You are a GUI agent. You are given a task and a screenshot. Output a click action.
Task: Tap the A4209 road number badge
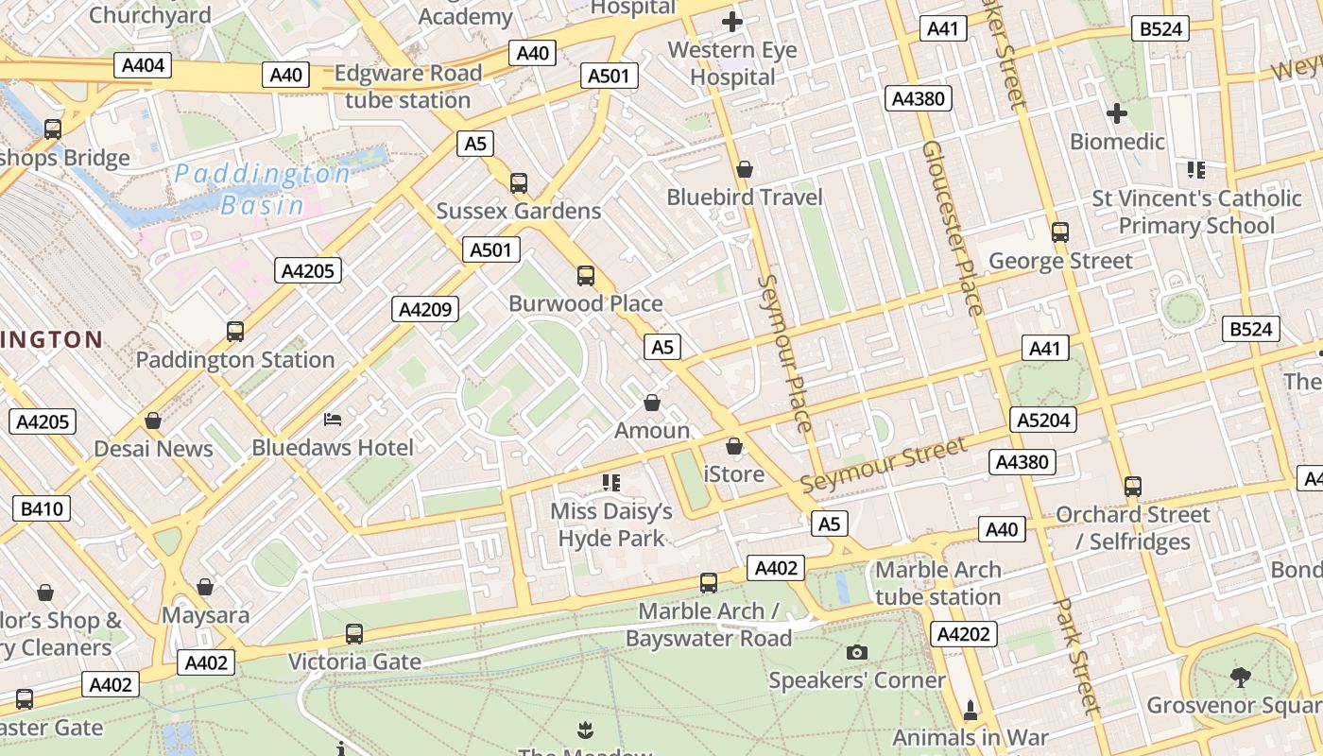coord(426,309)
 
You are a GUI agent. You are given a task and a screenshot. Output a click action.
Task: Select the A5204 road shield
coord(1043,420)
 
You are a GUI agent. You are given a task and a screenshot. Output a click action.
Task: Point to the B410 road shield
coord(42,509)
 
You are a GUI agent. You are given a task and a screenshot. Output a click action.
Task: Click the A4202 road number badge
coord(964,634)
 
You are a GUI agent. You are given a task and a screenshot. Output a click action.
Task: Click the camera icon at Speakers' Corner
coord(857,652)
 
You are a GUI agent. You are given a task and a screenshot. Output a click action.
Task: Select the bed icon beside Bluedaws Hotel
coord(333,419)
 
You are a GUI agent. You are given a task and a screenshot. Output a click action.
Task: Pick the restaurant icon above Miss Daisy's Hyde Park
coord(611,483)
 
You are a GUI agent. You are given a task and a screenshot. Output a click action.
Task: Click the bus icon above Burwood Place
coord(586,276)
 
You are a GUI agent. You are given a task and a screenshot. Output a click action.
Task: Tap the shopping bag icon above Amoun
coord(652,403)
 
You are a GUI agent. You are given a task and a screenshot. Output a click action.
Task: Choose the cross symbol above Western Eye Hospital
coord(731,21)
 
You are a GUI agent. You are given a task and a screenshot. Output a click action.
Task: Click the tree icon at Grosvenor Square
coord(1240,677)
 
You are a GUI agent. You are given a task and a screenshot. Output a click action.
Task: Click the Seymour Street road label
coord(884,464)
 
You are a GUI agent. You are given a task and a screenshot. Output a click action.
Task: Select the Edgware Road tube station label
coord(408,87)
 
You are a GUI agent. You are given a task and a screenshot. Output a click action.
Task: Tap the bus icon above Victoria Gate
coord(354,634)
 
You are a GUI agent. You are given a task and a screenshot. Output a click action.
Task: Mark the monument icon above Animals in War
coord(970,709)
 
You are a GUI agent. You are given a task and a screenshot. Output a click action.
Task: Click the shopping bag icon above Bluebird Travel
coord(745,169)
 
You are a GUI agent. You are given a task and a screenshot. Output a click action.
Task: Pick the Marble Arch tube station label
coord(937,583)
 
